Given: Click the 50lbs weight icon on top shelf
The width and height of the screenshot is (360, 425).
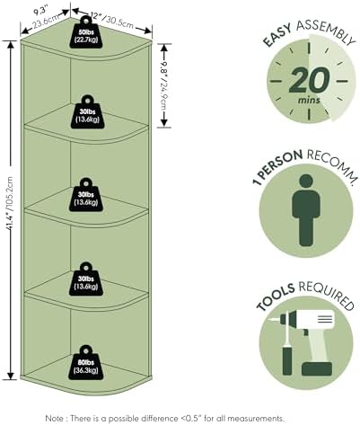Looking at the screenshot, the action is (86, 32).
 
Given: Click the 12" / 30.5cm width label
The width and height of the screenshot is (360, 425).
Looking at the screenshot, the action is (112, 20).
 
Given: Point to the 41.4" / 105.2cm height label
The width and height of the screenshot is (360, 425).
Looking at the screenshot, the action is (10, 203).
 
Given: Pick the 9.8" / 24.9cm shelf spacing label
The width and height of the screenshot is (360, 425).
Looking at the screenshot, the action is (163, 85).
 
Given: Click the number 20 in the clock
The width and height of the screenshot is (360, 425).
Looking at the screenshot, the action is (309, 80).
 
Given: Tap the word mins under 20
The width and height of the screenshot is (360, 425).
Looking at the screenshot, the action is (309, 100).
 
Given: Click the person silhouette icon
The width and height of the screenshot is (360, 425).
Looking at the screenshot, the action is (306, 210).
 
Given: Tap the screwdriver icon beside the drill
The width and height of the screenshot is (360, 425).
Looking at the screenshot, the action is (287, 343).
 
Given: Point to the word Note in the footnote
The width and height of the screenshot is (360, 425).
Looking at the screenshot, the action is (54, 418).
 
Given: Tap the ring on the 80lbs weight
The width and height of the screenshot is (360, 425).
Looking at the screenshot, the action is (85, 350).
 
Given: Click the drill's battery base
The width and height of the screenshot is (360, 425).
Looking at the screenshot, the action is (317, 369).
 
